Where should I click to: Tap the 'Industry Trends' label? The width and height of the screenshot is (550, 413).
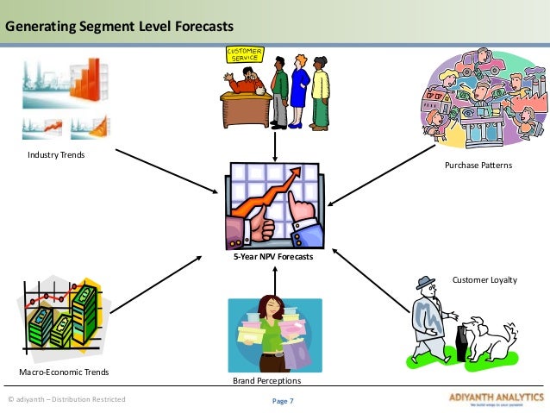tap(56, 154)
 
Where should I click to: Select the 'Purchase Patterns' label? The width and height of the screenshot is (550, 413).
tap(478, 164)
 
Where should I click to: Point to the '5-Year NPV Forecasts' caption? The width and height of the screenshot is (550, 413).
tap(274, 256)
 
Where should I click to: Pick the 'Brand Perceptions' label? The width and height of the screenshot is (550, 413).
tap(266, 379)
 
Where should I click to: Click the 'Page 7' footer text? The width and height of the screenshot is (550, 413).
tap(283, 400)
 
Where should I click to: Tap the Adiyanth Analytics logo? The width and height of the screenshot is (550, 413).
tap(492, 399)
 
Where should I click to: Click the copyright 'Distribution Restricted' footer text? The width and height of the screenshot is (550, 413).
tap(66, 399)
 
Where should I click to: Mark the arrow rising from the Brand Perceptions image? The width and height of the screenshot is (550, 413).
tap(274, 280)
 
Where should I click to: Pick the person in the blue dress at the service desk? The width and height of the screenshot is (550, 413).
tap(299, 91)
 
